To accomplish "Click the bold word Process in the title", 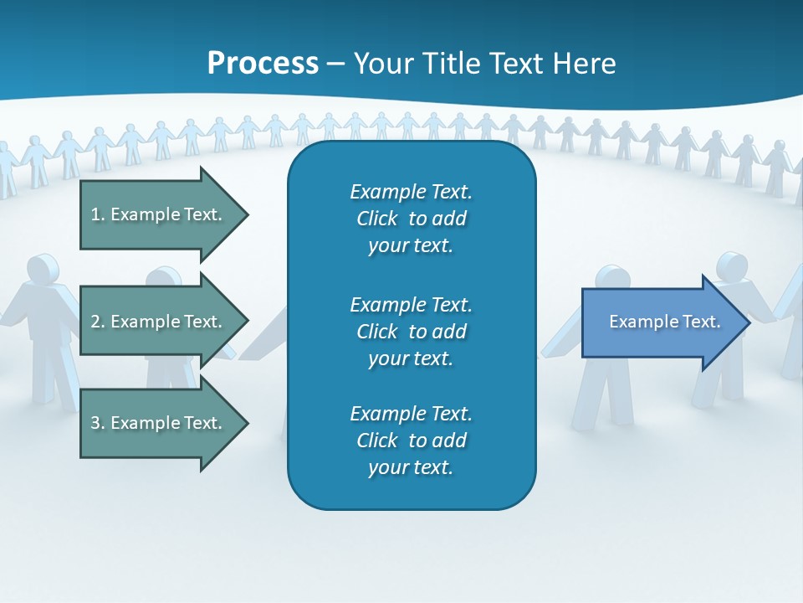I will [x=263, y=64].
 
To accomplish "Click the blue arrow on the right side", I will [x=661, y=322].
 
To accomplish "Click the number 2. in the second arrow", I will [x=98, y=322].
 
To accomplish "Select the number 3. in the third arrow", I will [x=98, y=423].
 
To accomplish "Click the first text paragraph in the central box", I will [x=411, y=219].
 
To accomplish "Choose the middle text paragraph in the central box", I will [x=411, y=332].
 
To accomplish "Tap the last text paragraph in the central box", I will [x=411, y=441].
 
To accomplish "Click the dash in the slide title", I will [x=335, y=64].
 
